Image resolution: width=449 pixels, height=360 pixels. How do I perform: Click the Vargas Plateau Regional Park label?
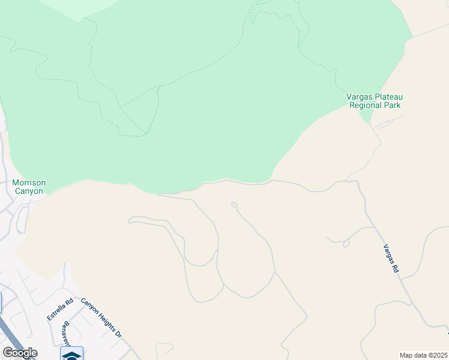[x=375, y=101]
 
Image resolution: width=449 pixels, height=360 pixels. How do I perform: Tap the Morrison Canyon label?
[x=29, y=187]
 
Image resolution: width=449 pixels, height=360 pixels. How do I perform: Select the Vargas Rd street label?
[x=391, y=259]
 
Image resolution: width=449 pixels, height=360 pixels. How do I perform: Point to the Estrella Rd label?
[x=61, y=308]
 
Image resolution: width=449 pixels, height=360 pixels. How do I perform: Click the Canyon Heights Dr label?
[x=101, y=318]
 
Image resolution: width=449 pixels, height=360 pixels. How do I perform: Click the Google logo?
[x=19, y=353]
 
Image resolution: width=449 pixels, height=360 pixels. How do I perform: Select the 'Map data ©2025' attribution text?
[x=423, y=355]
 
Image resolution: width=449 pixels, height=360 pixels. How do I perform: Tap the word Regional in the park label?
[x=366, y=105]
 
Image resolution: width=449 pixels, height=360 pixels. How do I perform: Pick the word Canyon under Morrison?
[x=29, y=191]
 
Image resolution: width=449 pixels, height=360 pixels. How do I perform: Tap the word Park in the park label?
[x=393, y=105]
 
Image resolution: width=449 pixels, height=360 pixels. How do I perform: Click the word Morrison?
[x=29, y=182]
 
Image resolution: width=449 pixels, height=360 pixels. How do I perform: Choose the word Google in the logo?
[x=19, y=353]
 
